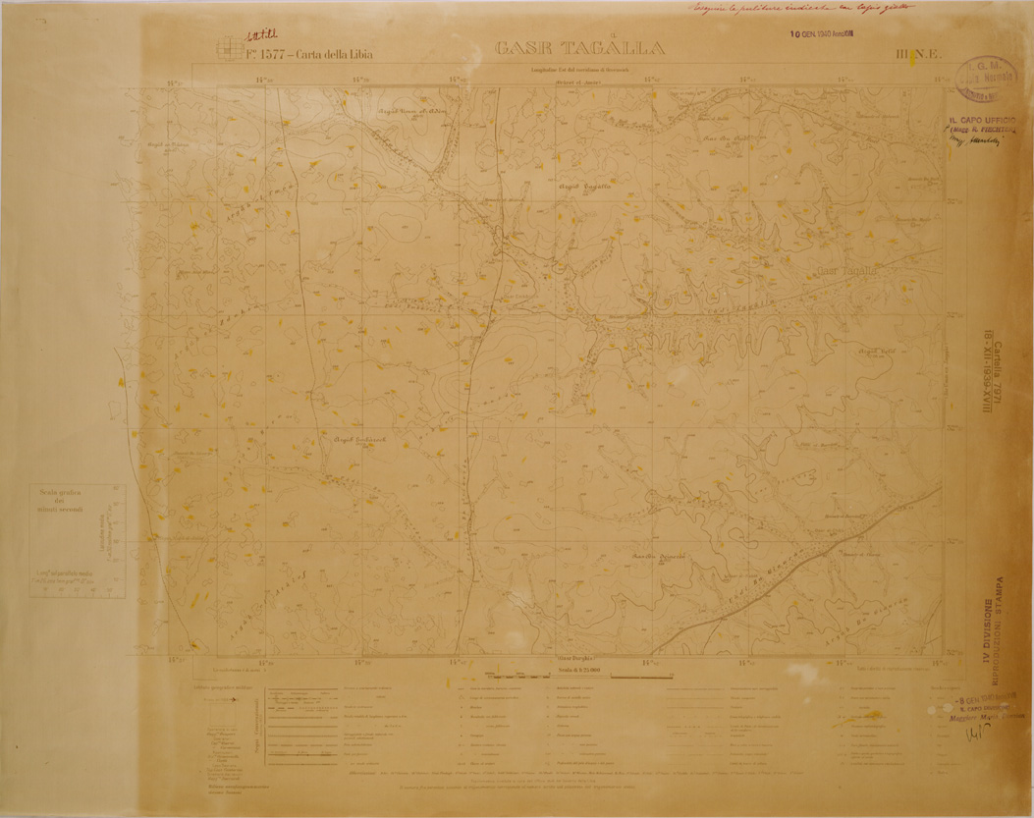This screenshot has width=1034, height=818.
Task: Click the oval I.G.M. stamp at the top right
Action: pos(984,78)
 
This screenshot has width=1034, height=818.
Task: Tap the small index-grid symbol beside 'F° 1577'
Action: pos(229,48)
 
